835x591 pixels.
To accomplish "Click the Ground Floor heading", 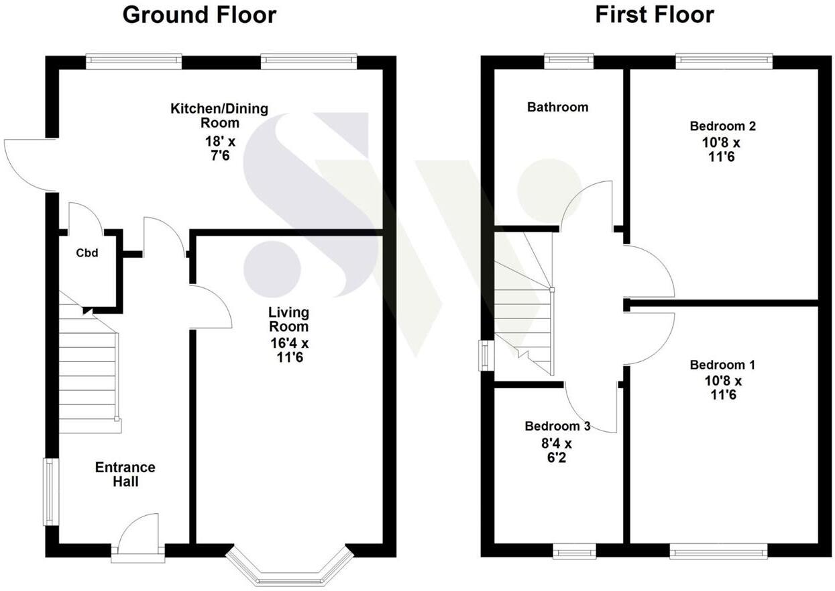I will coord(199,15).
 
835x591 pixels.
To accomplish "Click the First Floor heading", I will coord(655,15).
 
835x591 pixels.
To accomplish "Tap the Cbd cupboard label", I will coord(87,254).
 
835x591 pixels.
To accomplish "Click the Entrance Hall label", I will coord(125,474).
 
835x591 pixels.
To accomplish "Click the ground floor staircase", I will coord(89,376).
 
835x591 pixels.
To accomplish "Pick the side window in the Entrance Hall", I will coord(51,492).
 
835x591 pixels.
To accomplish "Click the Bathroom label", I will coord(557,107).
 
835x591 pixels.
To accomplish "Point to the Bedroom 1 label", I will coord(723,365).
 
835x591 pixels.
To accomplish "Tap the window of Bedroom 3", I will coord(575,552).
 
